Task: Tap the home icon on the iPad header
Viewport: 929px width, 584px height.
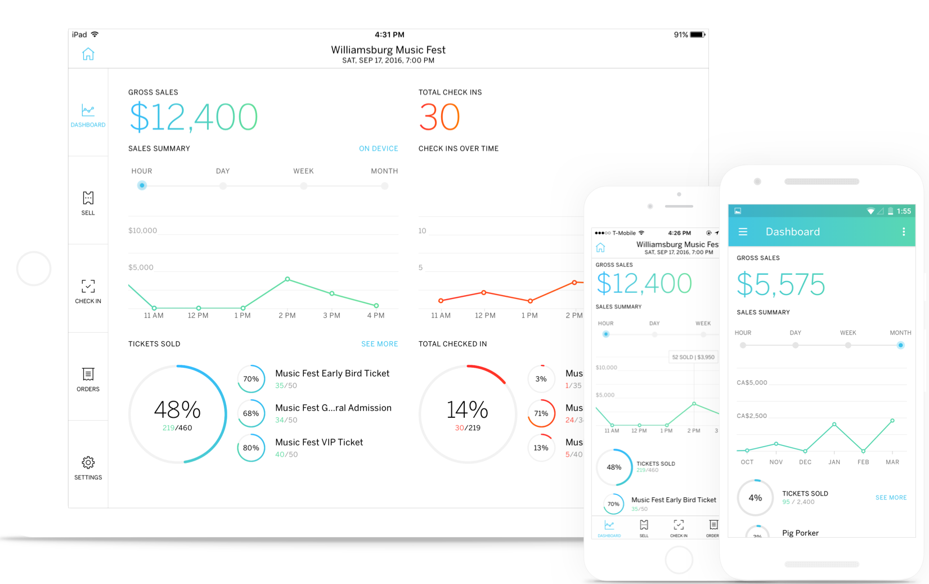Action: click(x=88, y=54)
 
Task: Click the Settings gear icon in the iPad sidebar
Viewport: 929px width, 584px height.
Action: click(x=88, y=463)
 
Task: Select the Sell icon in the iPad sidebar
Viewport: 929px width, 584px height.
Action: click(x=88, y=198)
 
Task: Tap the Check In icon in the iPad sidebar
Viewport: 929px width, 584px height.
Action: click(x=88, y=286)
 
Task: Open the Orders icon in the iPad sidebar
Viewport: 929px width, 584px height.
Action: click(x=88, y=375)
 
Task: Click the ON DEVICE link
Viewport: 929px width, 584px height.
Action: click(x=379, y=149)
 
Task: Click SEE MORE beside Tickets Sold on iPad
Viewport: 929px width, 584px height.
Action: click(x=380, y=344)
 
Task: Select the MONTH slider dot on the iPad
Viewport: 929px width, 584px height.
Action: click(x=385, y=186)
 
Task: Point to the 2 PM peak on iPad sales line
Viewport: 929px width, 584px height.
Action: click(x=288, y=279)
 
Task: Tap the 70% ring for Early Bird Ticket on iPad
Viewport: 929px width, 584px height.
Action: click(x=251, y=379)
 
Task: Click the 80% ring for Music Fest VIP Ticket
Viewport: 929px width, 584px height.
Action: click(x=251, y=448)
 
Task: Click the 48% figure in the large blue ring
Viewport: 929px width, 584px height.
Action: click(x=177, y=410)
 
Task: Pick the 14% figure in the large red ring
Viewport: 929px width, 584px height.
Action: click(x=468, y=410)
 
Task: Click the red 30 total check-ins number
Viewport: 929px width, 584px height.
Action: click(x=439, y=117)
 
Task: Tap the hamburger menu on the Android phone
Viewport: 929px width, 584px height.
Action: click(x=743, y=231)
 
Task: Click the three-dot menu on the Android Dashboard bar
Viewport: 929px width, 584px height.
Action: click(x=904, y=231)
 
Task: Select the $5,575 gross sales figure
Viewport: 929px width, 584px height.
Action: click(x=781, y=284)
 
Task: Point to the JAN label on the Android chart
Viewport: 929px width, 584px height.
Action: click(x=834, y=462)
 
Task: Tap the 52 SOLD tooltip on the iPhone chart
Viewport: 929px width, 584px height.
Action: click(x=693, y=357)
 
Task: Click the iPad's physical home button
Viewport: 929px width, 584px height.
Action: click(x=34, y=269)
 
